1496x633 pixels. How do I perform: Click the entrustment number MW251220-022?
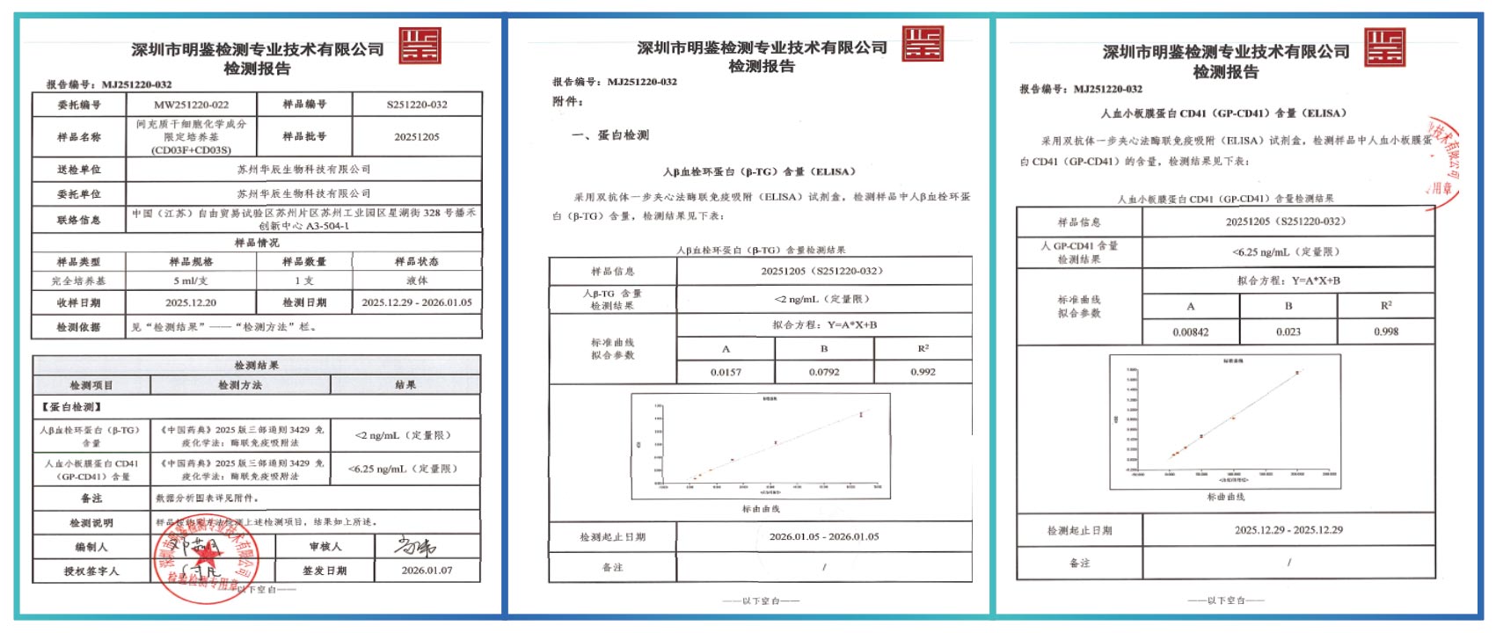191,105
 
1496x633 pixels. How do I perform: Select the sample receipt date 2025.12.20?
191,302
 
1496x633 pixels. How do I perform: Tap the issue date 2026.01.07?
427,570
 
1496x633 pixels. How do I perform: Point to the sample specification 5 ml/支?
191,280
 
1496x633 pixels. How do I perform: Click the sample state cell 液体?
417,280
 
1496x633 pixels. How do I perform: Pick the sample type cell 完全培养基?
78,280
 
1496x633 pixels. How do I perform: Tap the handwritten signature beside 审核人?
415,546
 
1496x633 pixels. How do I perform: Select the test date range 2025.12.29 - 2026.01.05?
417,302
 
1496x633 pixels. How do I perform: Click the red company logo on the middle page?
923,43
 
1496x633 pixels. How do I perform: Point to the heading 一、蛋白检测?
610,135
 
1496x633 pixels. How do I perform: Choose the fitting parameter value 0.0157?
726,372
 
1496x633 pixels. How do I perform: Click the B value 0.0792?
824,372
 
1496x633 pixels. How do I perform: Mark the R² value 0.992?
923,372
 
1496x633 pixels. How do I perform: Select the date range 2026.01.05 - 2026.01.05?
824,536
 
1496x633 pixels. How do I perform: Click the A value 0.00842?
1191,331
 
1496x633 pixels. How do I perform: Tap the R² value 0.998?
1386,331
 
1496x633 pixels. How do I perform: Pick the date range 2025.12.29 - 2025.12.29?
1288,530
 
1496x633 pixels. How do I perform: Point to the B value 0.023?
1288,331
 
